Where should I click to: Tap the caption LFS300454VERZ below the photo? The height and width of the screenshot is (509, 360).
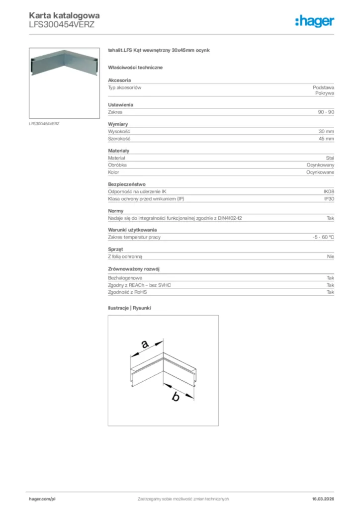44,123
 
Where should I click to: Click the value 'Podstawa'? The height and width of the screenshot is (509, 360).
323,87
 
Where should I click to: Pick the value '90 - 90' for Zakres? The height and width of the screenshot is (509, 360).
326,112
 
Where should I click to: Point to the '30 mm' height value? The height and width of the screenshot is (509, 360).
326,131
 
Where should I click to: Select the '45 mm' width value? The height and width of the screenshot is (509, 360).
326,139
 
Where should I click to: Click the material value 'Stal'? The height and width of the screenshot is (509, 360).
330,158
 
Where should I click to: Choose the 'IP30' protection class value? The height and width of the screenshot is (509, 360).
329,199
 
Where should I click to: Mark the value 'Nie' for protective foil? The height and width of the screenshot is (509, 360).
331,256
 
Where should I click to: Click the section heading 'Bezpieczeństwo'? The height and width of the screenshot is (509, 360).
127,184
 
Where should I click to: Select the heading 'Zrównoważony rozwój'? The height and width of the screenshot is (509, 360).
133,269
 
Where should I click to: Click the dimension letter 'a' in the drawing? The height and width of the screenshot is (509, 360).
144,343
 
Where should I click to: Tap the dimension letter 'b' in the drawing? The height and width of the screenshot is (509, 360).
175,397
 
